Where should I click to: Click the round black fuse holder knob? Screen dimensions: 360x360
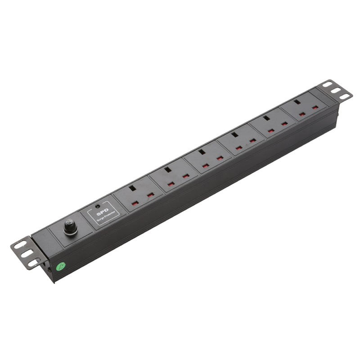point(70,226)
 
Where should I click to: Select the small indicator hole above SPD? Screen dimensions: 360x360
point(98,207)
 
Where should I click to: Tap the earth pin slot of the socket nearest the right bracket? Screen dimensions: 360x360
point(297,102)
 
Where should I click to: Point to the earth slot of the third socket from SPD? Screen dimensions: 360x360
point(201,152)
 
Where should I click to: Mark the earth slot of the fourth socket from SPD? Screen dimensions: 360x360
point(234,135)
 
